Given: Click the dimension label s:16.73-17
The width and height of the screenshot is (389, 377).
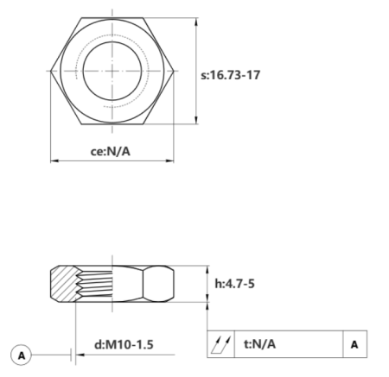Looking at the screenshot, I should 230,74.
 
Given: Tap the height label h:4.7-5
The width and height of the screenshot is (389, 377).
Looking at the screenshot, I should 234,283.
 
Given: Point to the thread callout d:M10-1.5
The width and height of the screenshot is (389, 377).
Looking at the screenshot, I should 124,344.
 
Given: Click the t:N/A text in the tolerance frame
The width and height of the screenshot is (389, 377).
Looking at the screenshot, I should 259,344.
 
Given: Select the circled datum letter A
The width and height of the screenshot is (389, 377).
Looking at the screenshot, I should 22,354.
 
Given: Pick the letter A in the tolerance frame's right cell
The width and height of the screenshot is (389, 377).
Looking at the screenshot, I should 354,344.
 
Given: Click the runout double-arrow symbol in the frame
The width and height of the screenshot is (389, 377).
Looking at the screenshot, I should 220,344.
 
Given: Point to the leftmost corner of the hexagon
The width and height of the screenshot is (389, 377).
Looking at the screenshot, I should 51,70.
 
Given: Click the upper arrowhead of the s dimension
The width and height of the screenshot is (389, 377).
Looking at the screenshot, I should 200,20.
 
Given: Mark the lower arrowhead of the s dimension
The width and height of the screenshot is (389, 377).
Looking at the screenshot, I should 200,120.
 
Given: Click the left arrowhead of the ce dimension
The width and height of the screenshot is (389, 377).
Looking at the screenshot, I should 54,160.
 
